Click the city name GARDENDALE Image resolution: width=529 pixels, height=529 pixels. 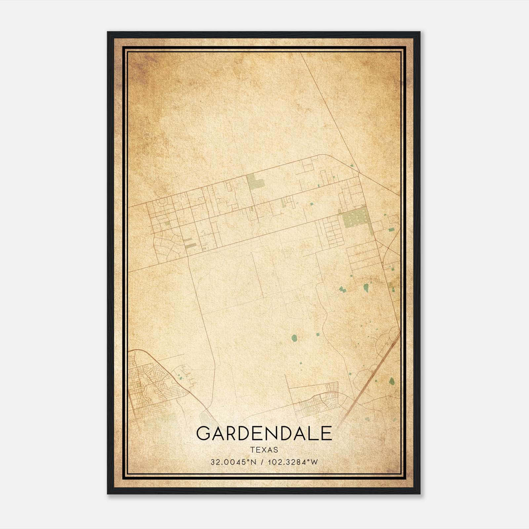(x=264, y=433)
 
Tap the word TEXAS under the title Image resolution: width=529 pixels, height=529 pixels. (x=264, y=450)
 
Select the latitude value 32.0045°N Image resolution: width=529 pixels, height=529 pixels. (x=233, y=462)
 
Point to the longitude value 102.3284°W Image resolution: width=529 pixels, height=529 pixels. (x=293, y=462)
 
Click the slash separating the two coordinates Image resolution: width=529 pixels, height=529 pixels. (x=262, y=462)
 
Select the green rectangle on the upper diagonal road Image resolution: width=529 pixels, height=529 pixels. (x=255, y=182)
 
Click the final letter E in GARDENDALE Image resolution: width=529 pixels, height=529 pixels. (x=326, y=433)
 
